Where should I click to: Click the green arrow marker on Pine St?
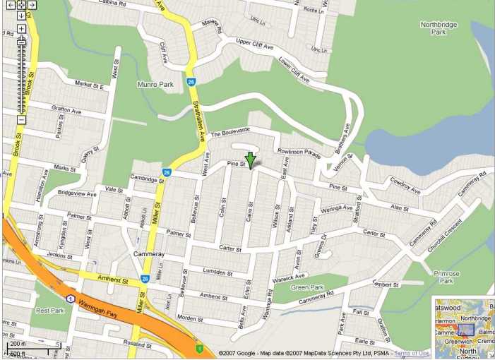(250, 160)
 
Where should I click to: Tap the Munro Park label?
(155, 84)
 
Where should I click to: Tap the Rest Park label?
(49, 311)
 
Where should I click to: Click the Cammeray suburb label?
(148, 254)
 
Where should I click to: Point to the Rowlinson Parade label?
(299, 150)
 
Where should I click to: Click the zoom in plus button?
(21, 29)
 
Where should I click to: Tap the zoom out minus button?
(21, 120)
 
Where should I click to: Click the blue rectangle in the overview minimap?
(465, 330)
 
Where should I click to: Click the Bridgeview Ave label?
(76, 192)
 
